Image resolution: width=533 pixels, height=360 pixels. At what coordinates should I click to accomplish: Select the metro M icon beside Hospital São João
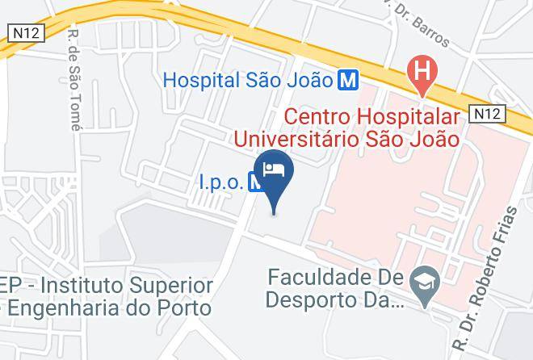pyautogui.click(x=349, y=80)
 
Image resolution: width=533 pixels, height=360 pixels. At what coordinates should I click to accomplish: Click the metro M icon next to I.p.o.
pyautogui.click(x=255, y=182)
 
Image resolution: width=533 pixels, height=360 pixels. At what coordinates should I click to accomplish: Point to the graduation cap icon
pyautogui.click(x=421, y=282)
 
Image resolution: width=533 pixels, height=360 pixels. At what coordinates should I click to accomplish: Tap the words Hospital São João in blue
pyautogui.click(x=248, y=80)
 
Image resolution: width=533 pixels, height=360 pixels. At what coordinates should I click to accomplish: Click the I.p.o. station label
pyautogui.click(x=220, y=182)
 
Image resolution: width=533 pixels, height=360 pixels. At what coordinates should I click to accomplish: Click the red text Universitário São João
pyautogui.click(x=346, y=140)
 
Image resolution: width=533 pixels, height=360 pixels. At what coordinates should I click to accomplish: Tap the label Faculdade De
pyautogui.click(x=334, y=278)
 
